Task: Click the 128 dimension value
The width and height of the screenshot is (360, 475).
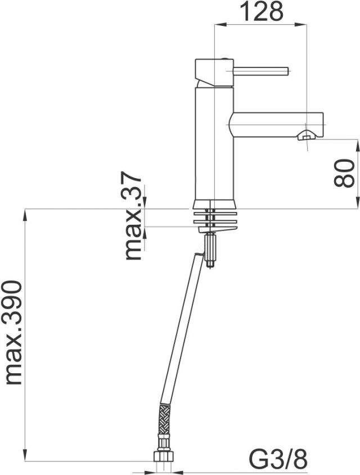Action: [x=262, y=11]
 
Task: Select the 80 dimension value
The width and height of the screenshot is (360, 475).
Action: [x=344, y=173]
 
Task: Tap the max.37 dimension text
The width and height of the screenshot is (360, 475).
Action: [x=133, y=216]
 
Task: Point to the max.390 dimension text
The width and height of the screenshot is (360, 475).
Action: [x=13, y=333]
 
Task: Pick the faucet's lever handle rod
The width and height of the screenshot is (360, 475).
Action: [x=260, y=71]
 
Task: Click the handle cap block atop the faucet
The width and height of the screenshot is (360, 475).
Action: [x=214, y=72]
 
